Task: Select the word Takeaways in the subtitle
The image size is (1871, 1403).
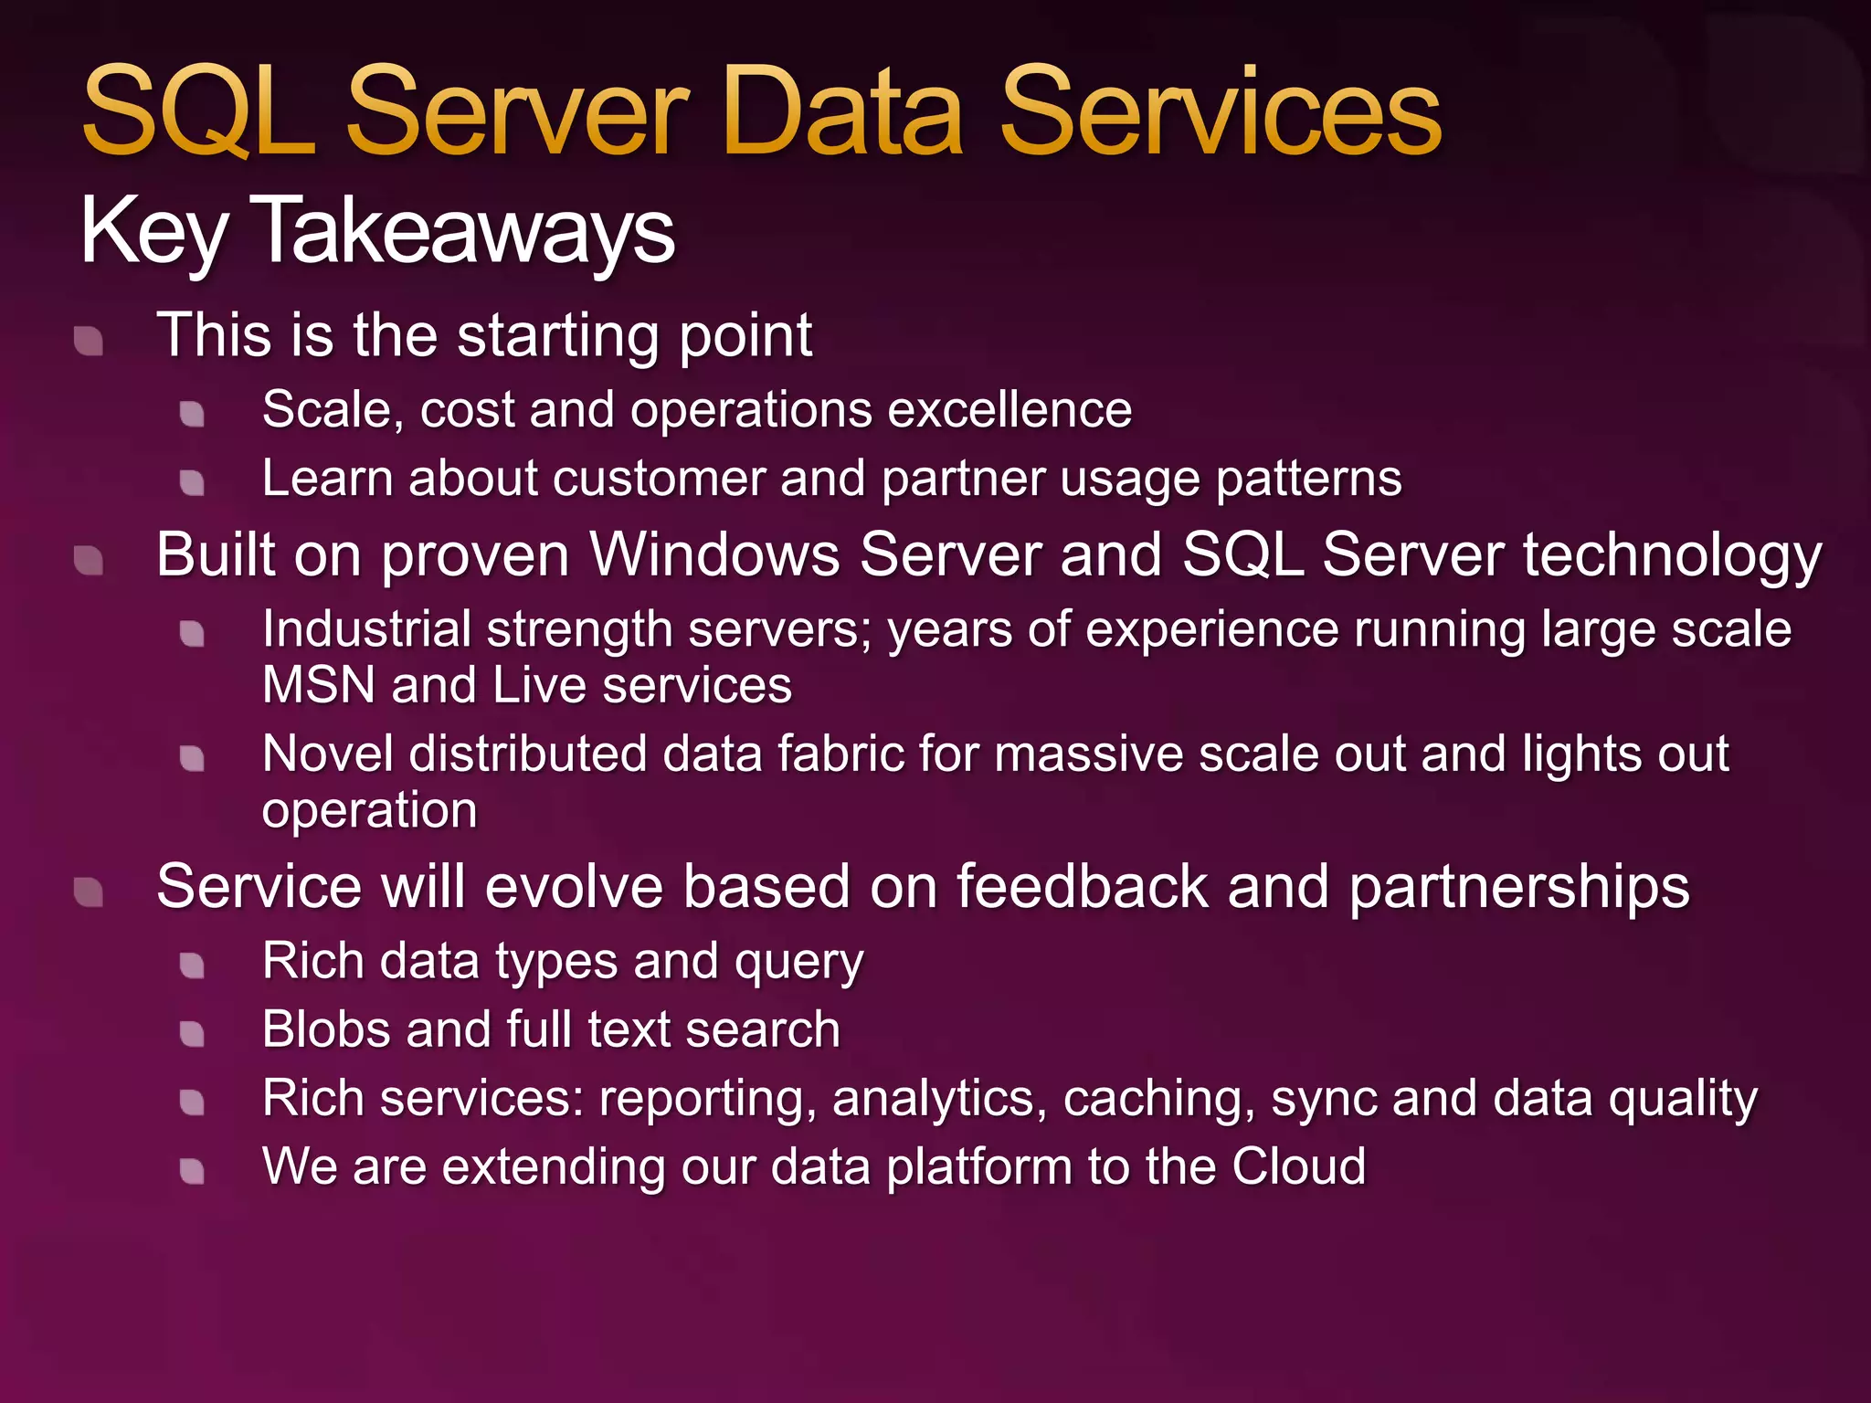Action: point(462,231)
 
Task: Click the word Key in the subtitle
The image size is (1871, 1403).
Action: point(153,231)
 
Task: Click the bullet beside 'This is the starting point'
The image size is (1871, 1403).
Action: point(89,341)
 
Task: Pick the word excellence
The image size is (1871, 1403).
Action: point(1009,409)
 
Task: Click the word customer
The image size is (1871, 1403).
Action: point(657,479)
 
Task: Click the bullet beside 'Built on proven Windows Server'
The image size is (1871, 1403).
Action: point(89,560)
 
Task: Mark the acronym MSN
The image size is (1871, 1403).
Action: point(318,685)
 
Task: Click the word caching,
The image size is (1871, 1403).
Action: point(1158,1099)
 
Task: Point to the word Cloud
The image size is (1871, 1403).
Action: point(1298,1166)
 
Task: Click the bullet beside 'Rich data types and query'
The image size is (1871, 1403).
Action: point(192,965)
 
